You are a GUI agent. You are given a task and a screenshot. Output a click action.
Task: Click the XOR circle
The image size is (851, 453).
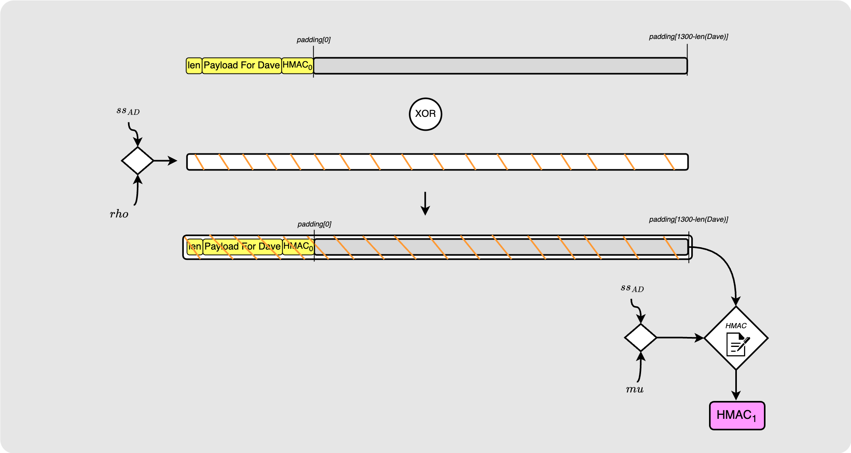pos(425,114)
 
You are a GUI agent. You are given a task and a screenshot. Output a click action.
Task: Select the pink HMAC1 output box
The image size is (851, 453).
pos(737,416)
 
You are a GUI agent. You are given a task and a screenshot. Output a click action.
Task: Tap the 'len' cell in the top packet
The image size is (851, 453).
pos(194,66)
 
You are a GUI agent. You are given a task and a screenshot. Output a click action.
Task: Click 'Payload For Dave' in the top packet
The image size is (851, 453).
pos(242,66)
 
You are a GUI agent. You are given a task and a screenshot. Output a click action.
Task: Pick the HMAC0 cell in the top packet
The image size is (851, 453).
pos(297,66)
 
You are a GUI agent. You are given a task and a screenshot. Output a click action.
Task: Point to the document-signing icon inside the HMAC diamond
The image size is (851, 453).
pos(737,344)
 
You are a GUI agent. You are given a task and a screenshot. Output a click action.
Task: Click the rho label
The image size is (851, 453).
pos(119,214)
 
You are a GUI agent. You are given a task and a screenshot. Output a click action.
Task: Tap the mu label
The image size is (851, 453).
pos(635,389)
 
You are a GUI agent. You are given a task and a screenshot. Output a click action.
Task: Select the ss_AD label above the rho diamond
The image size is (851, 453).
pos(128,111)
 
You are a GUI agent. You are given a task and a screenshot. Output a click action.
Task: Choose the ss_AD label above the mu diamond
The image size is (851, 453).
pos(632,288)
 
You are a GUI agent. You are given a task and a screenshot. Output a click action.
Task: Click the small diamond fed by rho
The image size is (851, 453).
pos(138,161)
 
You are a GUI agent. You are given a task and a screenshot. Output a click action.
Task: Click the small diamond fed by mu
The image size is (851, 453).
pos(641,337)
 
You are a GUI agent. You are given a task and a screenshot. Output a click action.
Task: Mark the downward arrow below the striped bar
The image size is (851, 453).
pos(425,203)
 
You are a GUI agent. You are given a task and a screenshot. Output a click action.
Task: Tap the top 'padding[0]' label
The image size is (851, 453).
pos(313,40)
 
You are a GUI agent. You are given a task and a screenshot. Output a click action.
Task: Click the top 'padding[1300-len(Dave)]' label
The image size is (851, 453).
pos(688,37)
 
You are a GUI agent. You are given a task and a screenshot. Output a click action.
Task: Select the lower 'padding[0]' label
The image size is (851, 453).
pos(314,224)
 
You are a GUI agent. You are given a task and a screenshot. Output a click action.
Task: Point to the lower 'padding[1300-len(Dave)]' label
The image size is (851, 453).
pos(688,219)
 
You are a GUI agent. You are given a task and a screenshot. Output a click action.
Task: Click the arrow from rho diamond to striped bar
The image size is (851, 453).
pos(165,161)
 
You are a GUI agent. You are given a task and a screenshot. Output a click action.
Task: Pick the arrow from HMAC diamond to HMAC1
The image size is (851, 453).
pos(736,385)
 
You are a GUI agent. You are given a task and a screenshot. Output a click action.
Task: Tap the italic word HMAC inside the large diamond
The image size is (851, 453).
pos(736,326)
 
